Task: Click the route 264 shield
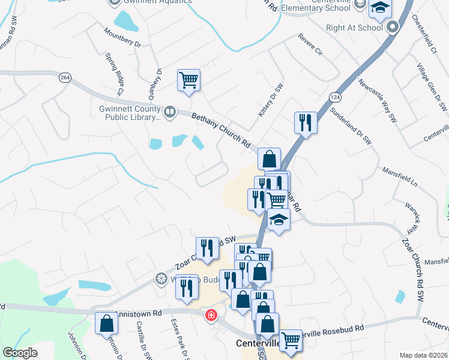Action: coord(65,77)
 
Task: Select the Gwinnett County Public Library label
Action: coord(130,113)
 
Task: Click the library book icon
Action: coord(170,112)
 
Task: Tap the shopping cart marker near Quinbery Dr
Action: coord(188,80)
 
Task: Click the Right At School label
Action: coord(354,28)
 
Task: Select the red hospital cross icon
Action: coord(211,315)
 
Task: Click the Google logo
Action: coord(20,353)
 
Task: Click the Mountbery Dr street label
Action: coord(121,37)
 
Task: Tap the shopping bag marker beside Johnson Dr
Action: coord(106,323)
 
